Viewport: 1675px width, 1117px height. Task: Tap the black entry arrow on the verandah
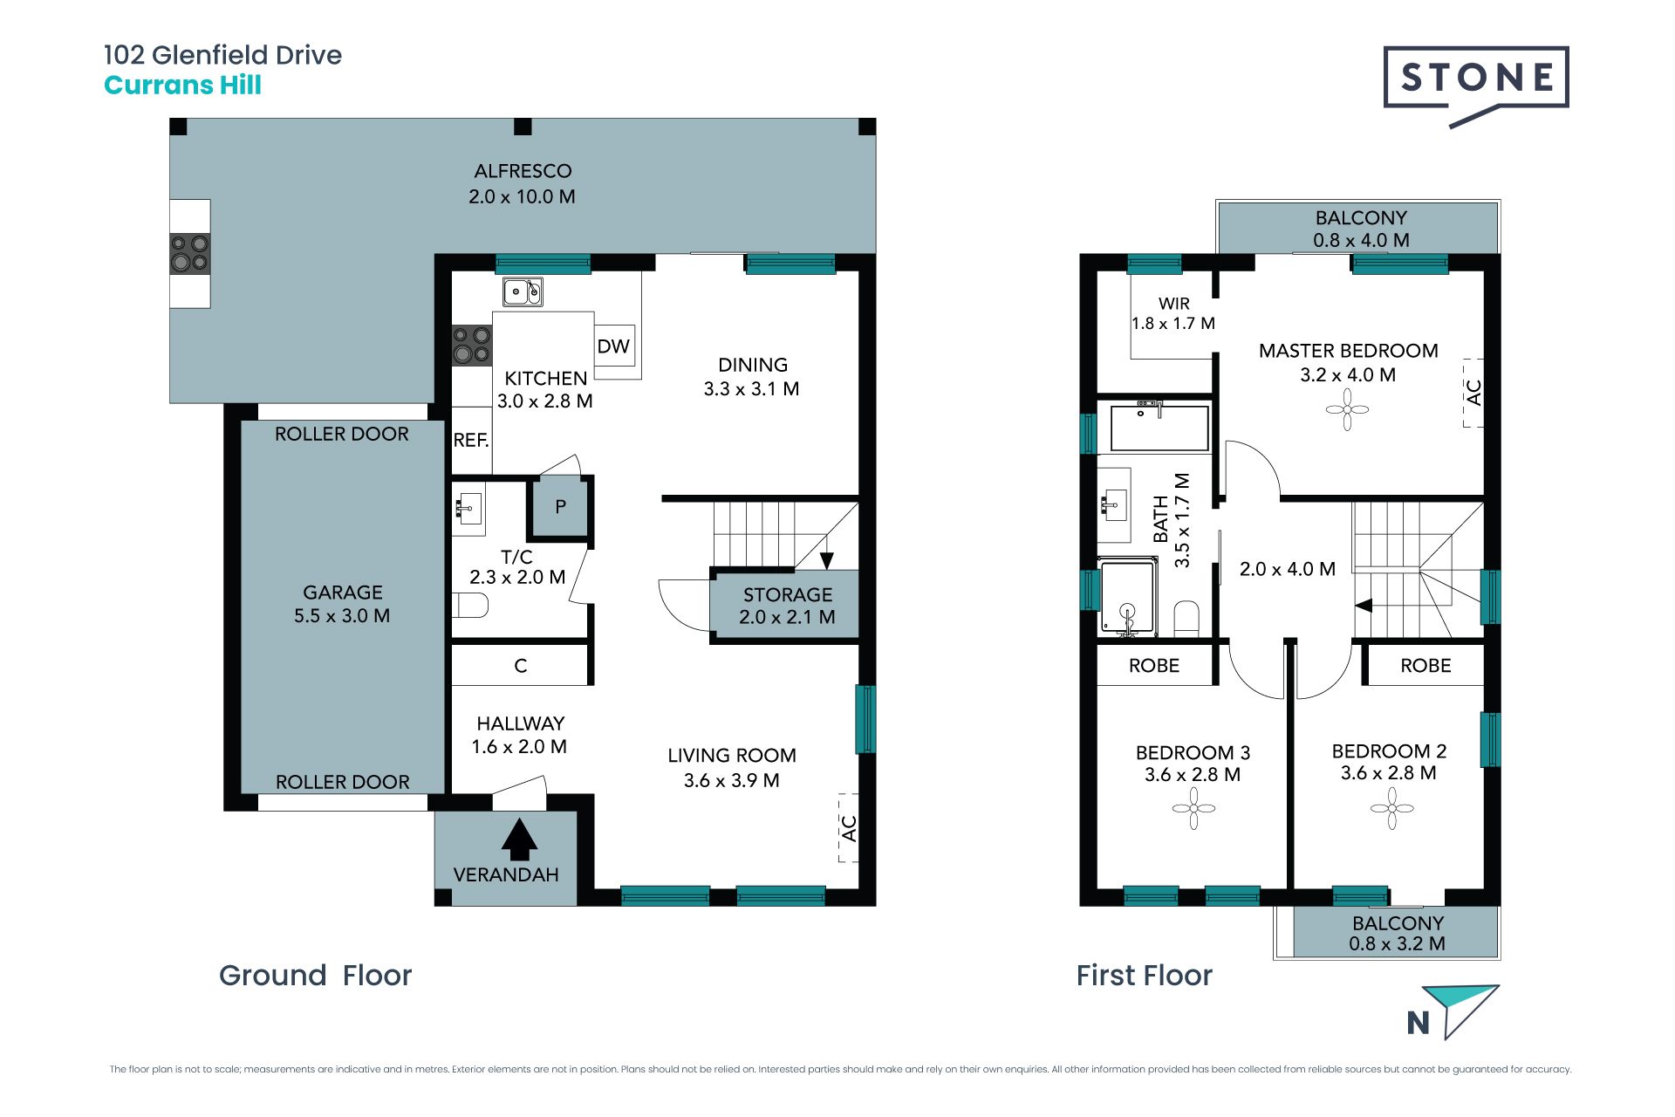pos(519,839)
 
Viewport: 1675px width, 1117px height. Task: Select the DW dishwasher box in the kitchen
pos(614,346)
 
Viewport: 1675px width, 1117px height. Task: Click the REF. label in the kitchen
pos(471,441)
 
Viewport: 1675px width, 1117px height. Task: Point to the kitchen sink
pos(523,291)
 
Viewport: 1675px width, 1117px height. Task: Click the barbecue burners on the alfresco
pos(190,253)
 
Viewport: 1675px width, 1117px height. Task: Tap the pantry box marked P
pos(560,506)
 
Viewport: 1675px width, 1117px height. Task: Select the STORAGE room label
pos(788,595)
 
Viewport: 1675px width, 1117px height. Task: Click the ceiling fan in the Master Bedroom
pos(1347,409)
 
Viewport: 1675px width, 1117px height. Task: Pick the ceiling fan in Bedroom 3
pos(1193,809)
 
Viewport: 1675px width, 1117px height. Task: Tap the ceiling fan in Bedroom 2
pos(1391,808)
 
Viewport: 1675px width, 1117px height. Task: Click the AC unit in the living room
pos(849,827)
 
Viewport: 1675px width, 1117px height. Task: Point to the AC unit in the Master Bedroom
pos(1473,393)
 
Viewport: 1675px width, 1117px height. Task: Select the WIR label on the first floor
pos(1174,304)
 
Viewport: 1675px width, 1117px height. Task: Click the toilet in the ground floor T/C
pos(470,605)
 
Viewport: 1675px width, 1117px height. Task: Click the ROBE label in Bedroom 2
pos(1425,666)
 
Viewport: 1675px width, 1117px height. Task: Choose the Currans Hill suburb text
pos(182,86)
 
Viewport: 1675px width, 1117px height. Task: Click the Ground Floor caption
pos(315,975)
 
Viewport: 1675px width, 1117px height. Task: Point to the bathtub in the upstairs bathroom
pos(1159,428)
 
